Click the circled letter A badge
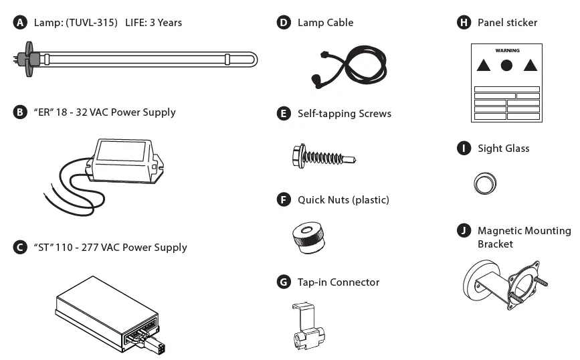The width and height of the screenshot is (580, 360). [x=21, y=23]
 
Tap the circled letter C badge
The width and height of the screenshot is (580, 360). [x=21, y=248]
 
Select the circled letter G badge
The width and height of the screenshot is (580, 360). [x=284, y=282]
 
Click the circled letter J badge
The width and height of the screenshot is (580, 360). [x=463, y=231]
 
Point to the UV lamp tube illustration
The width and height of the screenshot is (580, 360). [x=140, y=60]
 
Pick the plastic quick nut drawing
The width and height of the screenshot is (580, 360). [x=309, y=238]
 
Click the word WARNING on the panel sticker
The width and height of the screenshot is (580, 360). [x=506, y=51]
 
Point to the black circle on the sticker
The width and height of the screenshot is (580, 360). [x=506, y=66]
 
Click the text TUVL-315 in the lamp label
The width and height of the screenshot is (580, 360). [x=90, y=23]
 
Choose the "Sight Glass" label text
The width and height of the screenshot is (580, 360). [x=503, y=149]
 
